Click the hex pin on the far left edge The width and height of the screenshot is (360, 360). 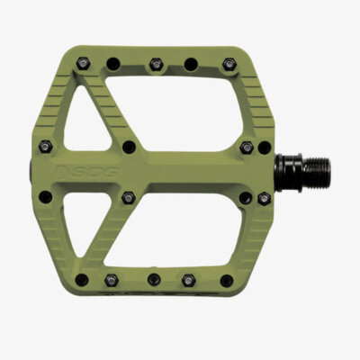tap(47, 145)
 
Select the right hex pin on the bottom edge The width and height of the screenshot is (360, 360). tap(189, 277)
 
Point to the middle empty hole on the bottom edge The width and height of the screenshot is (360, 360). tap(153, 279)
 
